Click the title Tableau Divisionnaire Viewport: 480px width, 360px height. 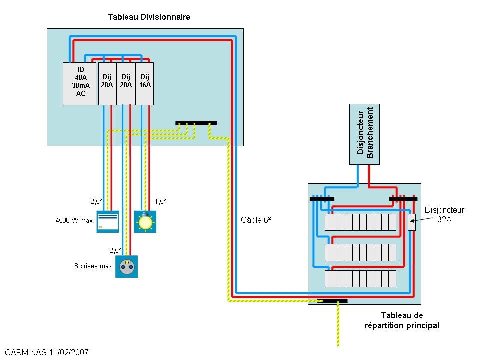[x=149, y=17]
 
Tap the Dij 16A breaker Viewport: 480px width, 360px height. [x=145, y=84]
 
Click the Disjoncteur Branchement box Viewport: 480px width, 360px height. [x=364, y=134]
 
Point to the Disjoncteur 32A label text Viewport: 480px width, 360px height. [x=444, y=215]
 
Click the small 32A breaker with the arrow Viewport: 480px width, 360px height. [x=411, y=222]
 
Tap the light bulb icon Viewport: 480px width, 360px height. [x=145, y=222]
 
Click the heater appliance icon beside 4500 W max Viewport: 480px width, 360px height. [x=107, y=222]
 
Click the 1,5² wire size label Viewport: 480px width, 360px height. [x=160, y=201]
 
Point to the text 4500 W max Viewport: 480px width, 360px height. [x=74, y=220]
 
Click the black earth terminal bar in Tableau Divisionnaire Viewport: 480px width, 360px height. [x=196, y=123]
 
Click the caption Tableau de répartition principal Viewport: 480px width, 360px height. [x=402, y=320]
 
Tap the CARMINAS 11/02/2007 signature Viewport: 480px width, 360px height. [x=44, y=352]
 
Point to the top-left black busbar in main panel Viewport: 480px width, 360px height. [x=322, y=198]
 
